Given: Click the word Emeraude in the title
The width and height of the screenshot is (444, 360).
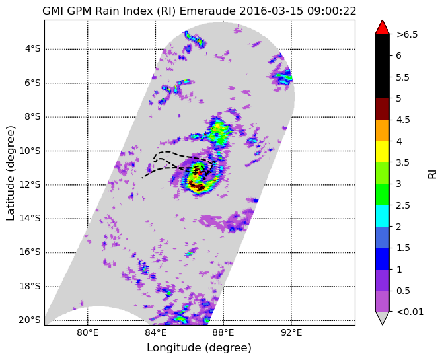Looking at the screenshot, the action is click(x=207, y=11).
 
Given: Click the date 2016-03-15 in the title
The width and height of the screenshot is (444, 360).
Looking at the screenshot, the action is click(x=272, y=11).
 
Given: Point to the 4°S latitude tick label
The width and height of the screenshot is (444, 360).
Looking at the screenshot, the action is click(x=33, y=49).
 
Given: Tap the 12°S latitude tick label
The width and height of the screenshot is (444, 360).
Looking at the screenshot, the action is click(x=30, y=184).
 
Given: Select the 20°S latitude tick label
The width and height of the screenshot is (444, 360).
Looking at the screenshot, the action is click(x=30, y=320).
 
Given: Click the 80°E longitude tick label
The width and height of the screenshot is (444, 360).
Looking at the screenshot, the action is click(x=88, y=332).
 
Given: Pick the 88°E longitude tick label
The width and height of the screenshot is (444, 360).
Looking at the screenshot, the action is click(x=223, y=332).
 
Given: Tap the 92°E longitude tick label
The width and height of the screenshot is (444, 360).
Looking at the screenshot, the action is click(x=291, y=332).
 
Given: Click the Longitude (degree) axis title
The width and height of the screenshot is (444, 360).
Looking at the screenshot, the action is click(x=199, y=348).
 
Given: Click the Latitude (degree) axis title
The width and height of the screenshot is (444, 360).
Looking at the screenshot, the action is click(x=10, y=173).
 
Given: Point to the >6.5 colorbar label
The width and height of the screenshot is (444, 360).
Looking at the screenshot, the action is click(x=407, y=34).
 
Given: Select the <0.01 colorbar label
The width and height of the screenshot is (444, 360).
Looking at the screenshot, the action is click(x=410, y=312).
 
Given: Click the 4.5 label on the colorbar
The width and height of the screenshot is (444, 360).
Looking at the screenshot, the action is click(x=403, y=120).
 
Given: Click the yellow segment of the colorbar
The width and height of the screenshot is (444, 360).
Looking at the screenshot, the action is click(x=383, y=152).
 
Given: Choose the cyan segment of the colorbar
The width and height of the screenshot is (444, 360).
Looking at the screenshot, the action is click(x=383, y=216).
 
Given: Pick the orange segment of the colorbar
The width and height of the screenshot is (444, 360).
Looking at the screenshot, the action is click(x=383, y=131).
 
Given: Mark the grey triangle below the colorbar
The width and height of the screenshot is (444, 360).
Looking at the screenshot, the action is click(x=383, y=318).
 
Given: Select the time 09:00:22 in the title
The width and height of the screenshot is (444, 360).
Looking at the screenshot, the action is click(x=332, y=11).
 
